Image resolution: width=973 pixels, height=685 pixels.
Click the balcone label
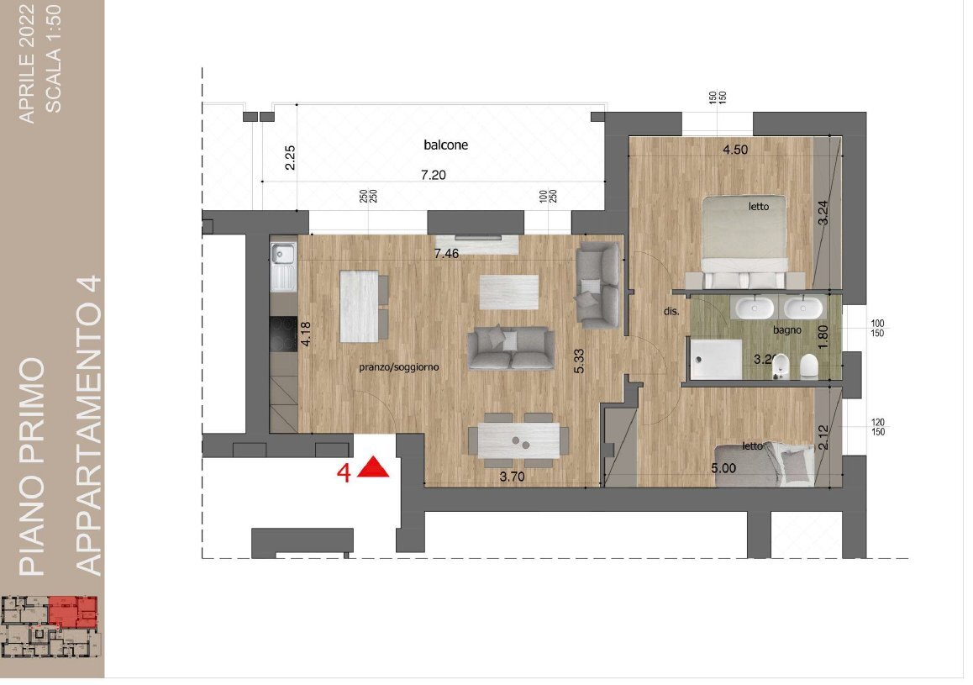click(x=445, y=145)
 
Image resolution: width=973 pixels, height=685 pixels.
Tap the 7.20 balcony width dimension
click(x=433, y=175)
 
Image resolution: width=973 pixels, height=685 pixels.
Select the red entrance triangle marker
click(x=373, y=467)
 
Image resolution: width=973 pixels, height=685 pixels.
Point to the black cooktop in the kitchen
click(x=284, y=335)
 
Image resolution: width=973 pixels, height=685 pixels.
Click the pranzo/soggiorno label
click(x=399, y=366)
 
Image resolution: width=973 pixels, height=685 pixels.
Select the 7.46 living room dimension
click(x=447, y=252)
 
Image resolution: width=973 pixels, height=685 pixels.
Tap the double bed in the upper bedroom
click(x=744, y=243)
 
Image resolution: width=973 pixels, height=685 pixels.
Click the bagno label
click(x=787, y=330)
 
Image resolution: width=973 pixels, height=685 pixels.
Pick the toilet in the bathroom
click(x=808, y=366)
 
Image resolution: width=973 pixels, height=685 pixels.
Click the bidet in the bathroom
click(x=779, y=367)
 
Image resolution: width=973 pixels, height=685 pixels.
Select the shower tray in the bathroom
click(x=716, y=359)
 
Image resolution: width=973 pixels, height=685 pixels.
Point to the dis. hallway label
click(x=671, y=312)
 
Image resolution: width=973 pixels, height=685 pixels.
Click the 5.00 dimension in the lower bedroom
click(x=723, y=468)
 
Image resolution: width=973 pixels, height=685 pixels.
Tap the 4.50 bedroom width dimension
click(x=735, y=150)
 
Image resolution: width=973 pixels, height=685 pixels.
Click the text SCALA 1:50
click(x=54, y=59)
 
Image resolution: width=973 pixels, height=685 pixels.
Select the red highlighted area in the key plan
click(x=72, y=612)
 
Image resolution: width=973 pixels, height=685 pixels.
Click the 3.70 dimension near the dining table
click(x=512, y=477)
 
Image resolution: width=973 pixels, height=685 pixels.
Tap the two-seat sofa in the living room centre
click(x=511, y=349)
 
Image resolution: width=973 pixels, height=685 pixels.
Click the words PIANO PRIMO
click(x=32, y=466)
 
